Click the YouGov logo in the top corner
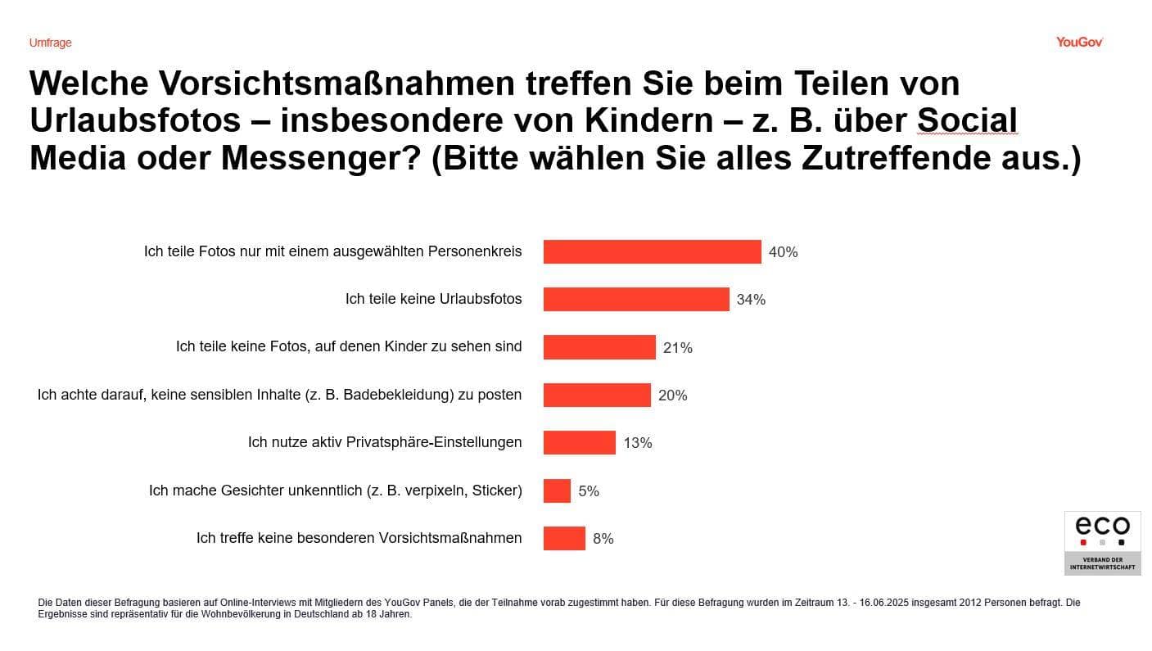point(1078,43)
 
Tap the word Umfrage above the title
point(50,43)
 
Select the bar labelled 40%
point(652,252)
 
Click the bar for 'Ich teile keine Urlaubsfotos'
point(635,300)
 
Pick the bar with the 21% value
point(599,347)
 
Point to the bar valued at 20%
point(597,396)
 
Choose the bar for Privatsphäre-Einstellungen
point(579,443)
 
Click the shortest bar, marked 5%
point(557,491)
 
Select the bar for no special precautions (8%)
point(564,539)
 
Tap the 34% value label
point(751,300)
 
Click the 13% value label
point(638,443)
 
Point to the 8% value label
point(603,539)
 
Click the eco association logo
point(1101,542)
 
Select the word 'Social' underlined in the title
point(966,120)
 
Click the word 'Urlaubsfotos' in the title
point(135,120)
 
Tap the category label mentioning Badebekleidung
point(279,395)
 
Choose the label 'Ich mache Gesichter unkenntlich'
point(335,491)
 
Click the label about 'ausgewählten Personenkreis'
point(332,251)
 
